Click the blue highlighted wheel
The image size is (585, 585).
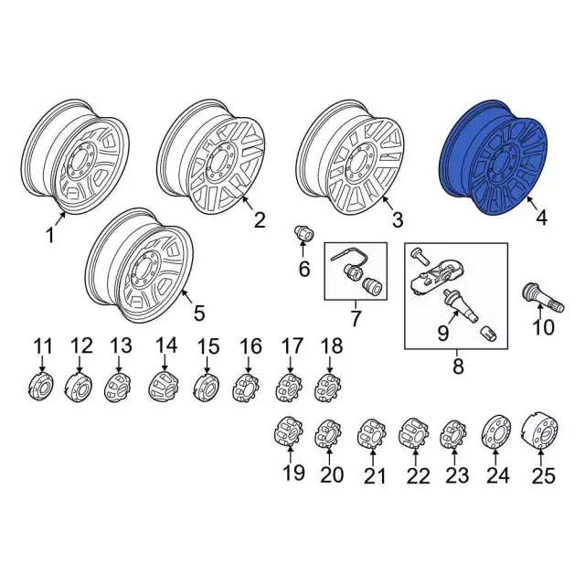(x=492, y=158)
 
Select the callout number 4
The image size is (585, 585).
(x=541, y=218)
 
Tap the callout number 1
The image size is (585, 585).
(x=50, y=236)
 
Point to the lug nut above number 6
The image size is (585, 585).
(x=304, y=234)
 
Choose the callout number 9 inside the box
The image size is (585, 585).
(x=442, y=333)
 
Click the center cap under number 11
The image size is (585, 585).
(x=41, y=386)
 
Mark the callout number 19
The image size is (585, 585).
(x=293, y=473)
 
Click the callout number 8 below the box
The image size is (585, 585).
(x=458, y=366)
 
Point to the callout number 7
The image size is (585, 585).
(x=356, y=318)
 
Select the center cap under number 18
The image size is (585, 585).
(x=327, y=388)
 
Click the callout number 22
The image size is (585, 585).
(x=418, y=475)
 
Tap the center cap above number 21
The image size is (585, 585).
(x=372, y=434)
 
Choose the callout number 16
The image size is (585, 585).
(x=250, y=346)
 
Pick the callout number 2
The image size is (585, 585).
(x=260, y=219)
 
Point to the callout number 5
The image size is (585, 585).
(x=199, y=313)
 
